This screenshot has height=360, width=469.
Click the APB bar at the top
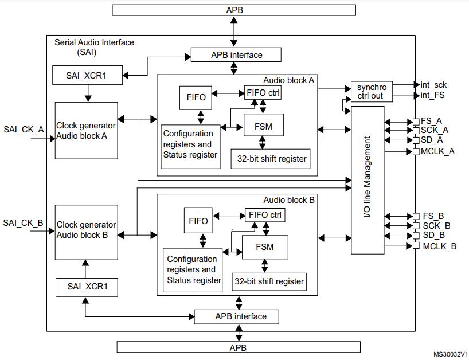(234, 10)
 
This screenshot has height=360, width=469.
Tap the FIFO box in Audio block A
(196, 97)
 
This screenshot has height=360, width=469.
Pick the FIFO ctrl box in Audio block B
(265, 216)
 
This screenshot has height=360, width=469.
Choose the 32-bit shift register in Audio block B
(268, 282)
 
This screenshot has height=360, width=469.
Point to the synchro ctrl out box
(371, 91)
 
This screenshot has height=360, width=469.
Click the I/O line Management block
(368, 179)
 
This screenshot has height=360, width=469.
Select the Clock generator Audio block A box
(86, 131)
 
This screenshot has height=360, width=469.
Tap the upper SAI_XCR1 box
(87, 75)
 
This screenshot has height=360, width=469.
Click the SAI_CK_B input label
(24, 222)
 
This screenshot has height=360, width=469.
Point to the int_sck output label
(433, 85)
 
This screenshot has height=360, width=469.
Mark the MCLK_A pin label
(439, 151)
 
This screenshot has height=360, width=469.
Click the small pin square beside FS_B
(416, 216)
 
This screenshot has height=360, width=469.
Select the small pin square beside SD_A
(416, 140)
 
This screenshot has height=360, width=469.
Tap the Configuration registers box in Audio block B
(193, 269)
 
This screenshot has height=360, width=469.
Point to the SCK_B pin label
(436, 226)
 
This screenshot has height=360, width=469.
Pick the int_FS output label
(432, 95)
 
